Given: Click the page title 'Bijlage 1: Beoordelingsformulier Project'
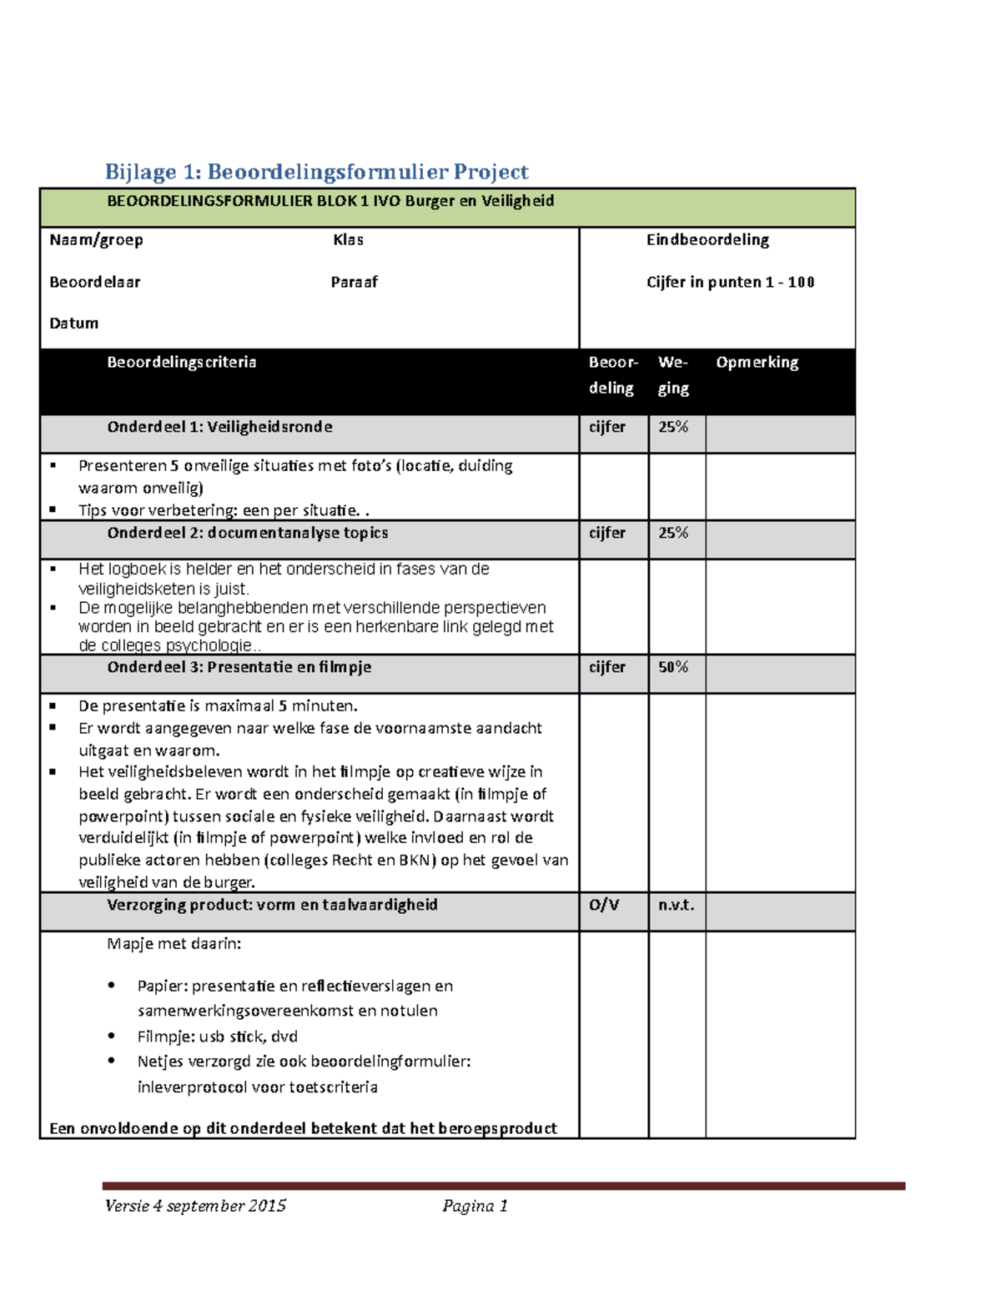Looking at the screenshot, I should [x=316, y=172].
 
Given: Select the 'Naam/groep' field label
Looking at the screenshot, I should [x=96, y=240].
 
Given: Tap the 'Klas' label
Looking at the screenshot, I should [x=348, y=240].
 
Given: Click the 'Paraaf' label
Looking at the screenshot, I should [x=354, y=283].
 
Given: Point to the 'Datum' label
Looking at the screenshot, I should [x=73, y=324].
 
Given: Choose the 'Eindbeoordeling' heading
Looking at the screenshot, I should [x=707, y=240].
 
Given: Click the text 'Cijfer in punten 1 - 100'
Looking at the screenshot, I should [x=730, y=283].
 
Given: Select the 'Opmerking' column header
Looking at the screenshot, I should [x=757, y=363].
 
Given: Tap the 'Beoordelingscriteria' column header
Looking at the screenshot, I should [x=181, y=363].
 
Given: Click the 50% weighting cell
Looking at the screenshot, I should [x=673, y=667].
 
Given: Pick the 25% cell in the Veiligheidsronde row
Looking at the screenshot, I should [x=673, y=427].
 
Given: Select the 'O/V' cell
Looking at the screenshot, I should [x=604, y=905].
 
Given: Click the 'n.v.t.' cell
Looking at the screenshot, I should [x=676, y=905].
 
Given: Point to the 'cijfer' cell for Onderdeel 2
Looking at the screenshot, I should [x=606, y=533].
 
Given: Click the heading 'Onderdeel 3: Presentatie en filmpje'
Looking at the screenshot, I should [x=239, y=667].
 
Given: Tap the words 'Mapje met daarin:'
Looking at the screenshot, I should [x=174, y=944].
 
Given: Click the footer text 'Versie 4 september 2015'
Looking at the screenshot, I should [x=195, y=1206].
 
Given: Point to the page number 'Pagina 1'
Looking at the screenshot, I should [x=475, y=1206].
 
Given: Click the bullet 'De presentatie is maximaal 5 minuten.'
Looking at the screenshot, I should [x=218, y=706].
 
